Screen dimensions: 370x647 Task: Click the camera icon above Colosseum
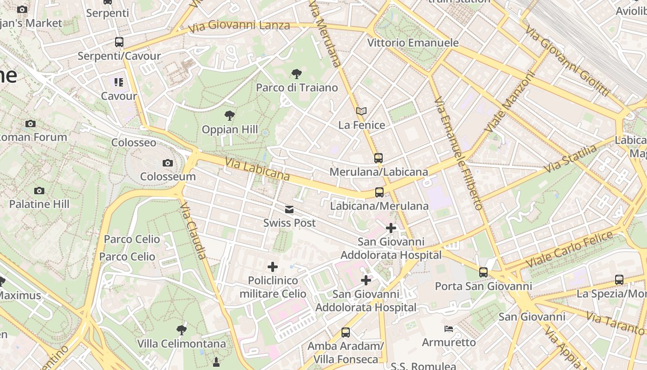coord(168,163)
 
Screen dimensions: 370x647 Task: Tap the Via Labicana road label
coord(257,169)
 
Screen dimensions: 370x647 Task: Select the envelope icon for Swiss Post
coord(289,210)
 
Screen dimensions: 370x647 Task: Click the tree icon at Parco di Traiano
coord(297,74)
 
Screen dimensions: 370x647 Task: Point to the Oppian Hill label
coord(230,129)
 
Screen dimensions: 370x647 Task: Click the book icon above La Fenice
coord(361,111)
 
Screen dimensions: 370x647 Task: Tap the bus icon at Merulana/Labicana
coord(378,158)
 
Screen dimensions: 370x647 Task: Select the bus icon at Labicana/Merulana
coord(379,192)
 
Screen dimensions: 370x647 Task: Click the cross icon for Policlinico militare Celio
coord(273,267)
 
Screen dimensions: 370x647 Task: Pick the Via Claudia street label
coord(194,230)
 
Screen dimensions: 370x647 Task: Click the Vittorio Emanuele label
coord(413,43)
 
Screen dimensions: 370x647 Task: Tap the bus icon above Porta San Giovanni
coord(483,272)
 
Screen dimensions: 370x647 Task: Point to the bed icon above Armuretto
coord(448,329)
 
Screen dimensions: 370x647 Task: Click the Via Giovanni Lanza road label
coord(239,26)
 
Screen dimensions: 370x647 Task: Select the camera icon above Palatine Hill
coord(39,191)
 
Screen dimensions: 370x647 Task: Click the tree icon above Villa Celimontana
coord(182,330)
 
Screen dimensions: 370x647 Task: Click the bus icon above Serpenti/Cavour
coord(119,42)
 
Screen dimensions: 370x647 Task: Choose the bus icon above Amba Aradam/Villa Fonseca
coord(346,332)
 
